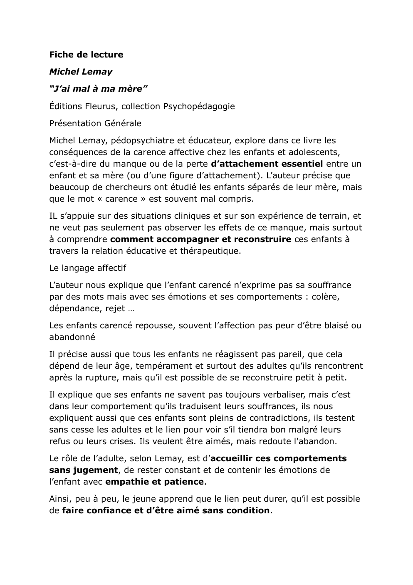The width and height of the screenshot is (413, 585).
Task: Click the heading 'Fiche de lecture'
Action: (x=86, y=55)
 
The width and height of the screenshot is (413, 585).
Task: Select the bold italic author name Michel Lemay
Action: (x=81, y=72)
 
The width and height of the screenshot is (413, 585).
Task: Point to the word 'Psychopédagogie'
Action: (x=199, y=106)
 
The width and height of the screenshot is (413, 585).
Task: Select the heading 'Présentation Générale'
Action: (x=95, y=123)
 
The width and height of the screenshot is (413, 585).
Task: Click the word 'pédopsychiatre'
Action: (x=144, y=140)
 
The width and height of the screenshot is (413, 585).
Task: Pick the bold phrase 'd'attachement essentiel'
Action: (x=267, y=164)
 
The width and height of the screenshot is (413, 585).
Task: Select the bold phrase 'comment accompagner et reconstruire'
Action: (x=200, y=239)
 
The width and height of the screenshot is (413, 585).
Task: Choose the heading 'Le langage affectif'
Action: (x=87, y=268)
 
